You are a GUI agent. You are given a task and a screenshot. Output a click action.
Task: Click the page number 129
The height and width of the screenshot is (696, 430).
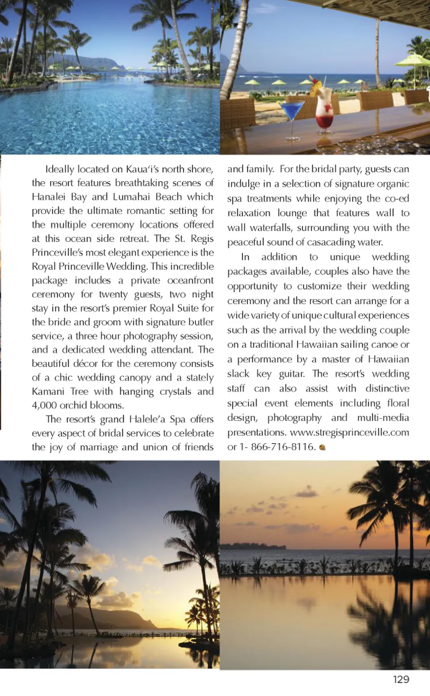(x=401, y=679)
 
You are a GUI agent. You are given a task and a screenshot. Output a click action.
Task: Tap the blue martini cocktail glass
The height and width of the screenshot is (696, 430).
(x=292, y=112)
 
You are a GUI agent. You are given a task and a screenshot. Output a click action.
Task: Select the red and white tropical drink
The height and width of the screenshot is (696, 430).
(x=324, y=112)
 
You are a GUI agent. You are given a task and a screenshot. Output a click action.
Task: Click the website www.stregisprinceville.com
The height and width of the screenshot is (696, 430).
(x=349, y=432)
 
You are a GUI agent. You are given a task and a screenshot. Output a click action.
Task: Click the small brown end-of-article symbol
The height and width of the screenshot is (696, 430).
(x=322, y=447)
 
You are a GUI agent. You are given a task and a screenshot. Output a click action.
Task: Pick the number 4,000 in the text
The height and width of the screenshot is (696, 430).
(x=44, y=406)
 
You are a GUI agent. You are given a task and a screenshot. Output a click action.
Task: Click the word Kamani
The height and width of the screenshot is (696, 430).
(x=48, y=392)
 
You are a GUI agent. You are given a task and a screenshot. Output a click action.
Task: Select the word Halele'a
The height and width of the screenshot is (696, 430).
(x=147, y=419)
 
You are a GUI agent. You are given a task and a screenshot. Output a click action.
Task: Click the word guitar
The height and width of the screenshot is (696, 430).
(x=292, y=374)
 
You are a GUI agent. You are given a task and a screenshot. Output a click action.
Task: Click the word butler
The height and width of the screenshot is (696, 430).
(x=201, y=322)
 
